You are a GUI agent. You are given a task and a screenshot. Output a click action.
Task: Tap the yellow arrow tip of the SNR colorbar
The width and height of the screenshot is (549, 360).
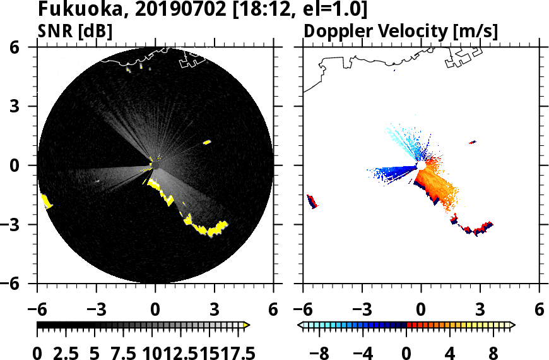(247, 325)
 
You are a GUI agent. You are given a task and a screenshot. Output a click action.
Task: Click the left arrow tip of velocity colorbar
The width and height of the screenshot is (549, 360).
(302, 325)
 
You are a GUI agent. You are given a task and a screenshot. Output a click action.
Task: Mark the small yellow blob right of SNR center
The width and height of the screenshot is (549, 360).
(206, 142)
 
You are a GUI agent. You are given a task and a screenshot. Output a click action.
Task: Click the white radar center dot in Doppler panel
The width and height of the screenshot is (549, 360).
(421, 165)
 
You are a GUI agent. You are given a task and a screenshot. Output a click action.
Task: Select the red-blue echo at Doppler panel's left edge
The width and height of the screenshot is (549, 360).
(312, 201)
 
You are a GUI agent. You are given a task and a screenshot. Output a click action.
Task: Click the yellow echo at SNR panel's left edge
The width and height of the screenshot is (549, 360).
(45, 201)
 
